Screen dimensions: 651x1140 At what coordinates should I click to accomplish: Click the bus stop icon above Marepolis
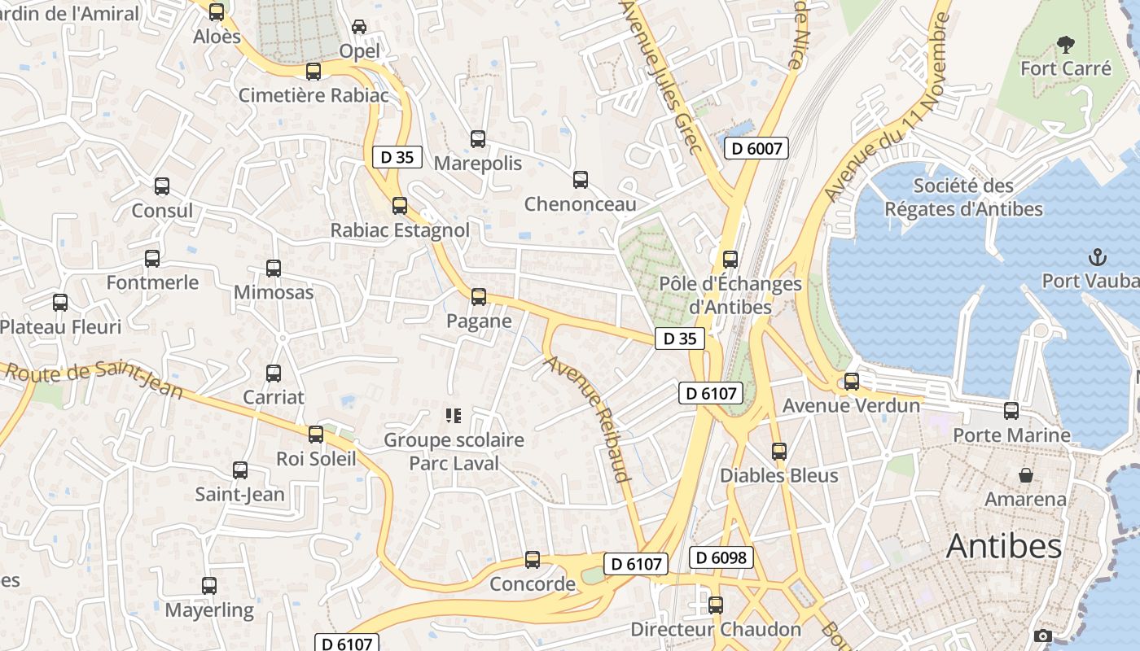[478, 139]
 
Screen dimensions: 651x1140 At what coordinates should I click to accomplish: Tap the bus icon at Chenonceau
[581, 180]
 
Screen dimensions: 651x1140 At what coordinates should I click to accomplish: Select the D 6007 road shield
[756, 148]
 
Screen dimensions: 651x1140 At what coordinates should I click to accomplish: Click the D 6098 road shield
[721, 557]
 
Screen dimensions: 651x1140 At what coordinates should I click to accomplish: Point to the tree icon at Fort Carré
[1065, 44]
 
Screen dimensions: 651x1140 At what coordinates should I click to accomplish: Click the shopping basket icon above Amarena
[1026, 474]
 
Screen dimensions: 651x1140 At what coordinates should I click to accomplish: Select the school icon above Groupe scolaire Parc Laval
[454, 417]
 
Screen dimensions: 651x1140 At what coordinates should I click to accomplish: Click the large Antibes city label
[1004, 546]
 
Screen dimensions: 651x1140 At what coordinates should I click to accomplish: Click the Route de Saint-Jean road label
[94, 379]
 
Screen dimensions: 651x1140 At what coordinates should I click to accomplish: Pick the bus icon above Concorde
[533, 560]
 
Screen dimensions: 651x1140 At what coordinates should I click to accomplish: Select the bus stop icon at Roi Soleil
[316, 435]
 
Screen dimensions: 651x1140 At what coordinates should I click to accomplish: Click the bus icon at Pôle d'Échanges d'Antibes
[730, 260]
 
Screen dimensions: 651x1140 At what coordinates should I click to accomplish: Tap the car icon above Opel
[359, 27]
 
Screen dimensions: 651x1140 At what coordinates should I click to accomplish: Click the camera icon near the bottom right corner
[1043, 636]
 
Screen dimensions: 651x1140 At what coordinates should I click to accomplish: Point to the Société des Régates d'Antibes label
[963, 198]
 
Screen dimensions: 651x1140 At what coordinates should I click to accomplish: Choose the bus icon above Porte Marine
[1011, 411]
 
